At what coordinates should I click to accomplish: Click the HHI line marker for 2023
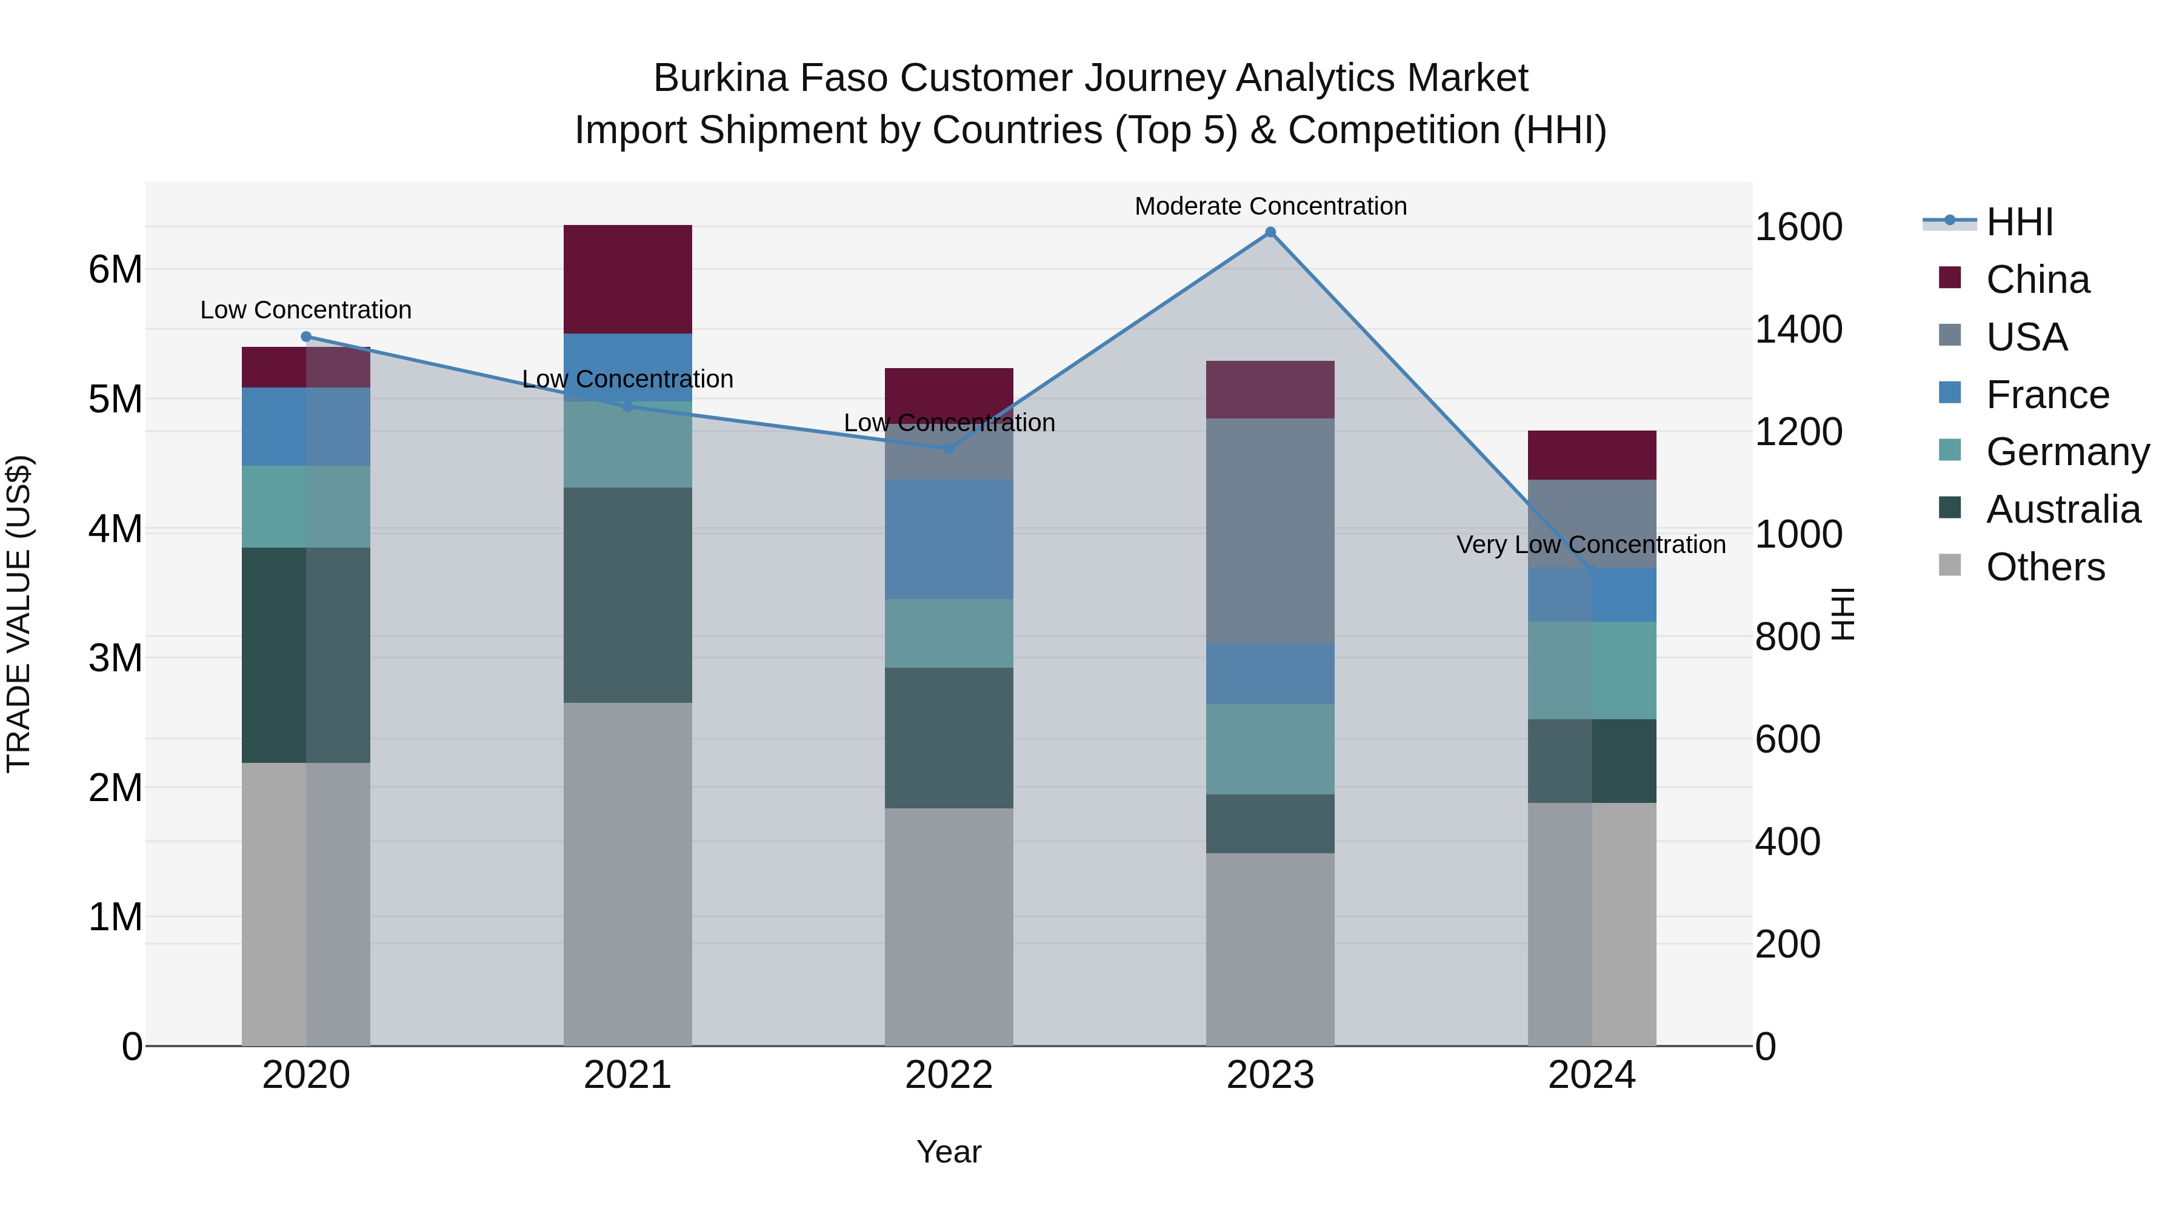pyautogui.click(x=1270, y=232)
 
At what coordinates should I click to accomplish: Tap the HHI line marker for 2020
pyautogui.click(x=307, y=337)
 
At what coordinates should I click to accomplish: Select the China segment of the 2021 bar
pyautogui.click(x=628, y=279)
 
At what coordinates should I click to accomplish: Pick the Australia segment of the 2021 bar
pyautogui.click(x=628, y=594)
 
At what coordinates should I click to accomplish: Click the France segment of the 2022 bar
pyautogui.click(x=949, y=539)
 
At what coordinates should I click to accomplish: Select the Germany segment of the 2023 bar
pyautogui.click(x=1270, y=748)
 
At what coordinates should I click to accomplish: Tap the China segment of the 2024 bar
pyautogui.click(x=1592, y=455)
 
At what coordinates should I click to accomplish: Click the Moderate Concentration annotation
pyautogui.click(x=1270, y=206)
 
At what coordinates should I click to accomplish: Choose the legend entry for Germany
pyautogui.click(x=2067, y=452)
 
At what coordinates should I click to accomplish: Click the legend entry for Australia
pyautogui.click(x=2063, y=509)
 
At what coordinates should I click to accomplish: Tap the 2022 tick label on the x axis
pyautogui.click(x=949, y=1075)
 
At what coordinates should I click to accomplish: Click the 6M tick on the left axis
pyautogui.click(x=115, y=269)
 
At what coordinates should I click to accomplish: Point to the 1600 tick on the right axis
pyautogui.click(x=1798, y=227)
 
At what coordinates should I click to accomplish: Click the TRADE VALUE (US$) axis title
pyautogui.click(x=19, y=614)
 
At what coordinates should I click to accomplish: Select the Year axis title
pyautogui.click(x=949, y=1152)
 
